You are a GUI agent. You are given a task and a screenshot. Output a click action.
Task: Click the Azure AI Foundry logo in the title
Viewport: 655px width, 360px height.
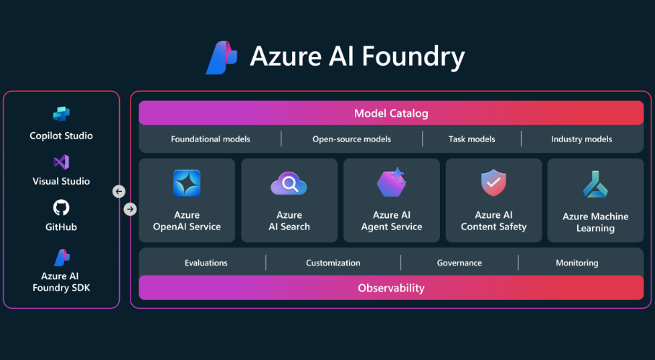[221, 58]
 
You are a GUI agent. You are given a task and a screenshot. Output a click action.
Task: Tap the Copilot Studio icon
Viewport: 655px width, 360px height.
[61, 115]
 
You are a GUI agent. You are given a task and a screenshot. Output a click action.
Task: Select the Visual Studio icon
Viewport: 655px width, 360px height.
[61, 162]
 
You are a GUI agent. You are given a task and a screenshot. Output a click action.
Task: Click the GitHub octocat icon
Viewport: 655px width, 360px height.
[61, 208]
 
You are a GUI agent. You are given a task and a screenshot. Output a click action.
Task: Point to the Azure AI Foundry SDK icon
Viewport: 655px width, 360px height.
[62, 257]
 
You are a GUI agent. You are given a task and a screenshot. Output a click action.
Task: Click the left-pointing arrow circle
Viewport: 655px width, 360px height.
[119, 192]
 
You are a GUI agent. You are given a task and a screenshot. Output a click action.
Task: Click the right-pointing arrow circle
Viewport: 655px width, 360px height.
[130, 209]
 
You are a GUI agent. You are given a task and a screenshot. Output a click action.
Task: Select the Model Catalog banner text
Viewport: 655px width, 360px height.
[391, 113]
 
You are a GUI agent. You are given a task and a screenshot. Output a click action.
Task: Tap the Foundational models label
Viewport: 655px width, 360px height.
[211, 139]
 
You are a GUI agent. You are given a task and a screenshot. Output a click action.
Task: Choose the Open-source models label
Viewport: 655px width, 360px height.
[351, 139]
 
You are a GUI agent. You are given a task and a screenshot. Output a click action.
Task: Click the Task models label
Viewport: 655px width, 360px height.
[471, 139]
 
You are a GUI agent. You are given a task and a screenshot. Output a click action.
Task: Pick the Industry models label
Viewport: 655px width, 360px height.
[581, 139]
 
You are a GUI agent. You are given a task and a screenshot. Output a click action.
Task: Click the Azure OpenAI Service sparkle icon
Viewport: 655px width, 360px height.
[187, 183]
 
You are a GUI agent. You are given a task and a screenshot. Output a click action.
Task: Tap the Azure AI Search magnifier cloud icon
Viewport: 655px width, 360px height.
[289, 185]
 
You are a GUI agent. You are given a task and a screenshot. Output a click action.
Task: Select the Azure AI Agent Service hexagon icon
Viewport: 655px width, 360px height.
[392, 183]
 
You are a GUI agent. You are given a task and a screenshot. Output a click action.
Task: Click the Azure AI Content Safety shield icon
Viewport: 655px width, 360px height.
[493, 183]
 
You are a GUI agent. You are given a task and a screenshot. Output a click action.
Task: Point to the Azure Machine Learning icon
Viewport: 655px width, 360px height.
[595, 185]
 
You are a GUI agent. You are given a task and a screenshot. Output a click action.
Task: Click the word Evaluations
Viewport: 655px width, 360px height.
[206, 263]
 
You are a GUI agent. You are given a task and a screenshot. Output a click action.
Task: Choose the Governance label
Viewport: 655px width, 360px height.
[460, 263]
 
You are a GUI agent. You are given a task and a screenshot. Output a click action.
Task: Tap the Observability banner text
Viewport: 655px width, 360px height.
[391, 288]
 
